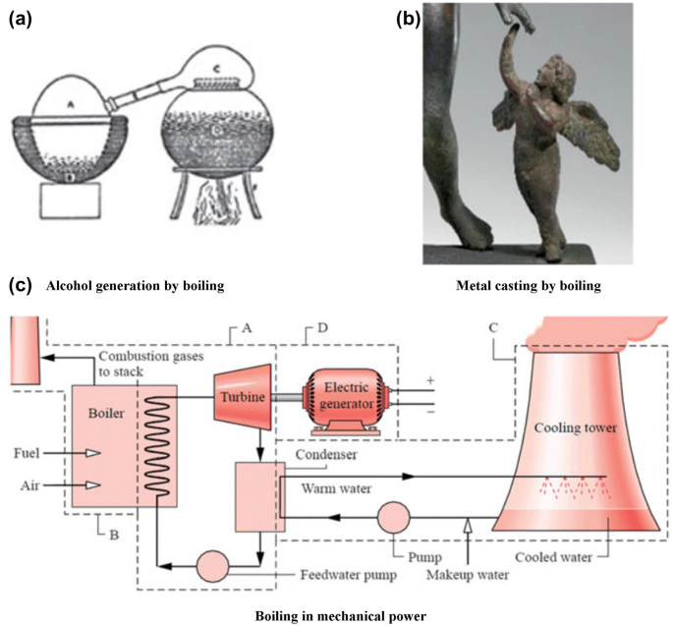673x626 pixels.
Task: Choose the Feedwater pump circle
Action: [211, 565]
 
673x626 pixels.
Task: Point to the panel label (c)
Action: [21, 286]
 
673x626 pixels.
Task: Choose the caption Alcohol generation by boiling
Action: [135, 286]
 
